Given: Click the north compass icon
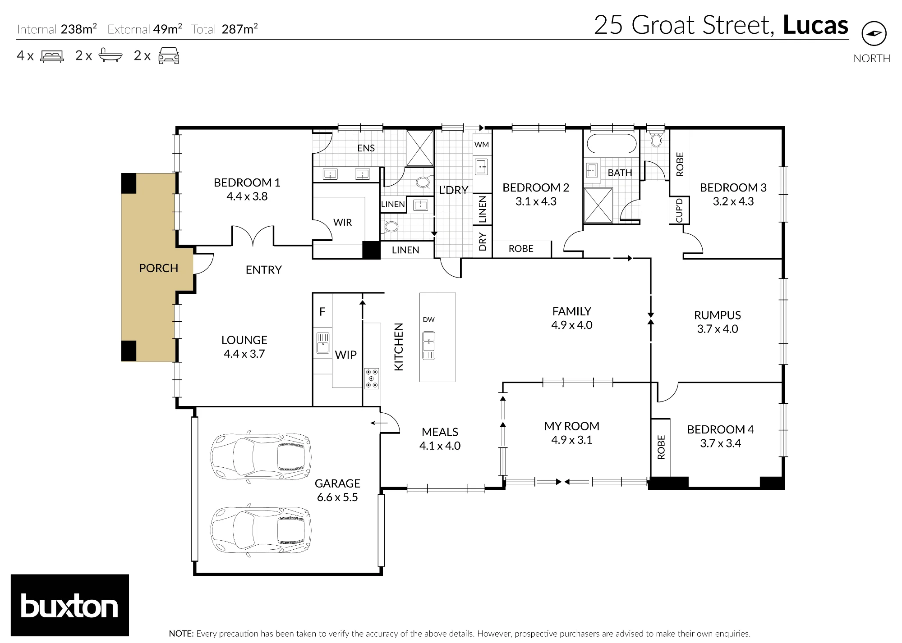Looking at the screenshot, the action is pyautogui.click(x=874, y=33).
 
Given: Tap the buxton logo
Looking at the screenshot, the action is pyautogui.click(x=70, y=605).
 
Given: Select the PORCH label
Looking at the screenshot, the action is pyautogui.click(x=158, y=268).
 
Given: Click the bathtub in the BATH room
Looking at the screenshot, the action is pyautogui.click(x=611, y=144).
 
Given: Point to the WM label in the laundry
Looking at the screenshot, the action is pyautogui.click(x=482, y=145).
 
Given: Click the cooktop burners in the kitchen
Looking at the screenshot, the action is pyautogui.click(x=372, y=379).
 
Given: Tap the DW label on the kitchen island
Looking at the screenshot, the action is pyautogui.click(x=428, y=319).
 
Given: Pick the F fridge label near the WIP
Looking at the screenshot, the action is pyautogui.click(x=322, y=311).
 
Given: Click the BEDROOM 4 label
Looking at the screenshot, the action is pyautogui.click(x=720, y=429).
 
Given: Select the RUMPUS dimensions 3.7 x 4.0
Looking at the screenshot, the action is pyautogui.click(x=718, y=329).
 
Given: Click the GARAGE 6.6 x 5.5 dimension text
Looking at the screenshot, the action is pyautogui.click(x=337, y=497).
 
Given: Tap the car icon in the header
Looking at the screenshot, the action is pyautogui.click(x=169, y=55).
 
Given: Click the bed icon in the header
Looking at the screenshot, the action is pyautogui.click(x=52, y=56).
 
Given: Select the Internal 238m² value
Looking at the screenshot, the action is pyautogui.click(x=79, y=29).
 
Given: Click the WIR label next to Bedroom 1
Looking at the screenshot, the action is pyautogui.click(x=342, y=222).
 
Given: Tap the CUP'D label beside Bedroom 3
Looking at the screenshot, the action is pyautogui.click(x=679, y=210).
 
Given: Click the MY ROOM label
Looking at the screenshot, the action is pyautogui.click(x=571, y=426).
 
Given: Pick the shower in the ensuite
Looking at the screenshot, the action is pyautogui.click(x=419, y=148).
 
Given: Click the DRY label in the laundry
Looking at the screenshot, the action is pyautogui.click(x=483, y=242).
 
